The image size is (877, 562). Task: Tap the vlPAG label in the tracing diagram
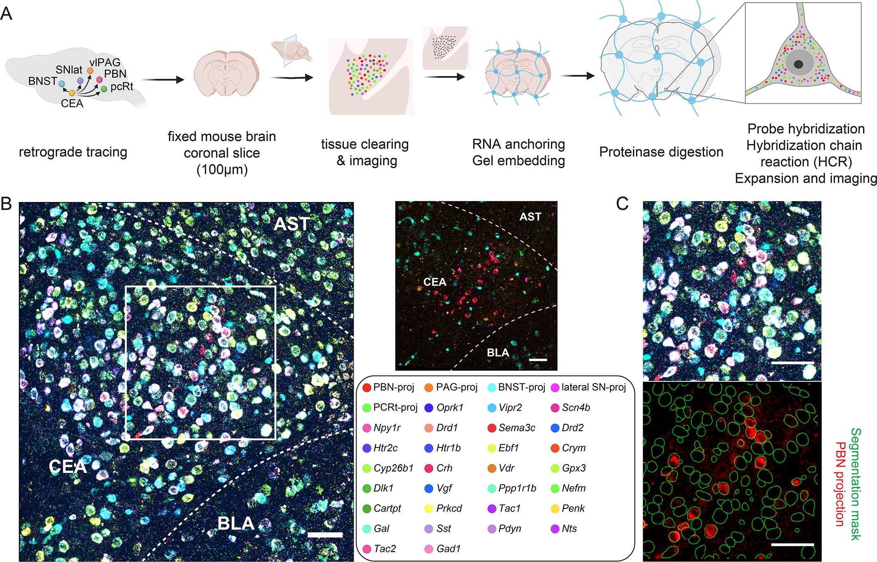click(105, 63)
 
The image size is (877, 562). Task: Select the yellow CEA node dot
click(72, 93)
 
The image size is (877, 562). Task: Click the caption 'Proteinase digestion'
click(661, 152)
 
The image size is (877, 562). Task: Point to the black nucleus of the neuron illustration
click(798, 64)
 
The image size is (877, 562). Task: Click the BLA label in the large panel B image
click(236, 524)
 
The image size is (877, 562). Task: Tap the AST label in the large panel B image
click(292, 224)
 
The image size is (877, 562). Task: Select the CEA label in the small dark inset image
click(435, 282)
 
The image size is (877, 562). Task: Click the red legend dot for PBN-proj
click(366, 388)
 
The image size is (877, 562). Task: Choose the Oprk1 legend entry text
click(450, 407)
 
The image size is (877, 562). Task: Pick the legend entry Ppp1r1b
click(517, 488)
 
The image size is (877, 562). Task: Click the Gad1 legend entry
click(448, 549)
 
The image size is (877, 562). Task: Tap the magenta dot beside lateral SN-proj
click(555, 388)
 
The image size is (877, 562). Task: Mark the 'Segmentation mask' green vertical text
click(855, 484)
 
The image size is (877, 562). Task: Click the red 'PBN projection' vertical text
click(840, 484)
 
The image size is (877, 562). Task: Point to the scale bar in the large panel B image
click(325, 535)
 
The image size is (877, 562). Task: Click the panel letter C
click(622, 204)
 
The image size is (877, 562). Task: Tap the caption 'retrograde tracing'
click(73, 152)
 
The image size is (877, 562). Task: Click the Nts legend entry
click(569, 529)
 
